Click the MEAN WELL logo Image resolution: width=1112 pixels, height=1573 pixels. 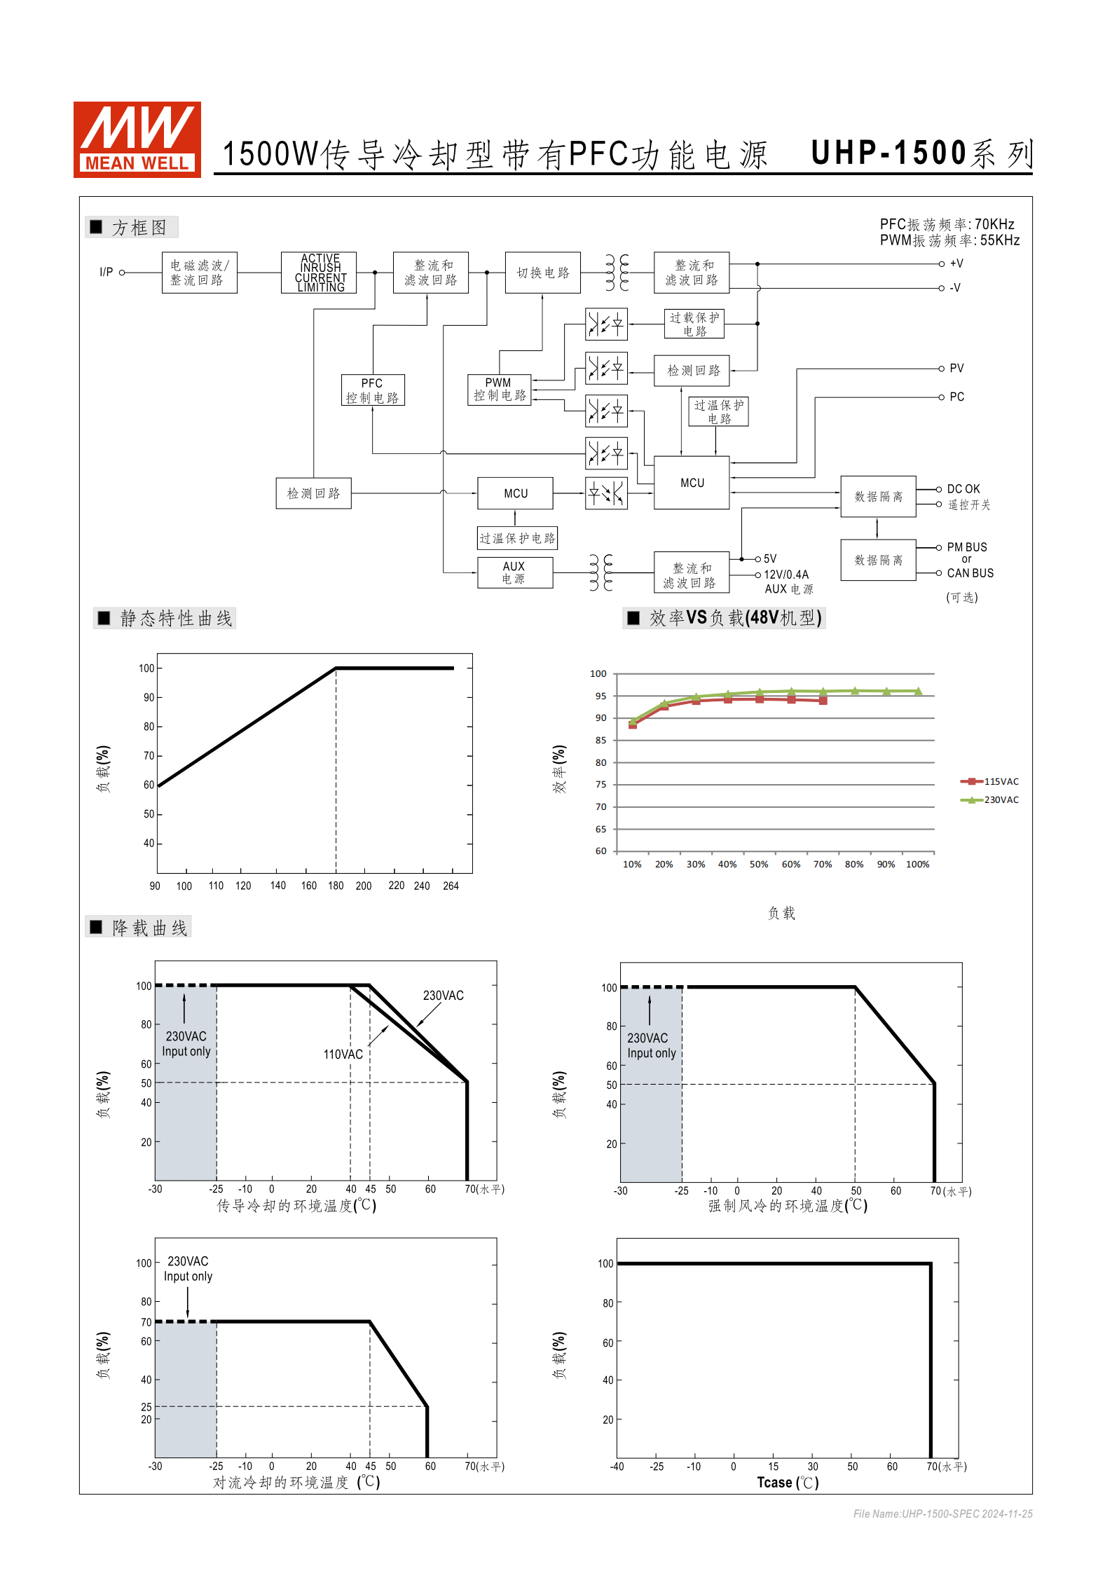coord(137,139)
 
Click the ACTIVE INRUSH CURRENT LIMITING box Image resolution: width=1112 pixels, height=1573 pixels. coord(320,273)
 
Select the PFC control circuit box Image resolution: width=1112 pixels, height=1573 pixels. coord(373,390)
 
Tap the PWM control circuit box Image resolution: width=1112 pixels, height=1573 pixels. coord(499,390)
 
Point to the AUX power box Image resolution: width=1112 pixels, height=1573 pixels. coord(514,572)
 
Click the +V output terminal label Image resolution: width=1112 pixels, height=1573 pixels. coord(956,264)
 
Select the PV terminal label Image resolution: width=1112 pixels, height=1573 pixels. coord(956,369)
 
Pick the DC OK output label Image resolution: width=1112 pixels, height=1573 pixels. coord(963,489)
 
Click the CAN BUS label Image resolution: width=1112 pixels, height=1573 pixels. coord(970,573)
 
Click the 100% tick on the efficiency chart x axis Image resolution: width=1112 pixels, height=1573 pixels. coord(917,865)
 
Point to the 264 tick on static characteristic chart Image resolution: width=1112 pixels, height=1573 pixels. coord(451,886)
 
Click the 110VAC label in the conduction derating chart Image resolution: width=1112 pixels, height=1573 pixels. coord(343,1055)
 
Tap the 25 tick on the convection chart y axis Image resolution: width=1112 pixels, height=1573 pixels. coord(146,1407)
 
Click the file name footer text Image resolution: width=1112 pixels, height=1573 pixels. coord(942,1514)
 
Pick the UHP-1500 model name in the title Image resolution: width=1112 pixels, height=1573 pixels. coord(888,153)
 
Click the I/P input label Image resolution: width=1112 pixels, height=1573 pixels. coord(107,272)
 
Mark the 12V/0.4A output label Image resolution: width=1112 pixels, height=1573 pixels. coord(786,575)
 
